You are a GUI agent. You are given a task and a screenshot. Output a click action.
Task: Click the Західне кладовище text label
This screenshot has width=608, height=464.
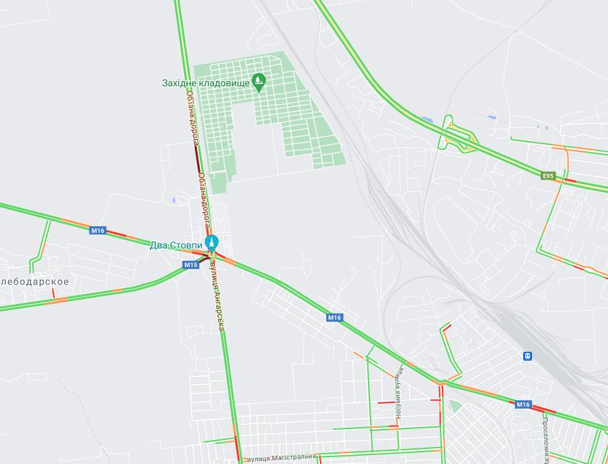205,83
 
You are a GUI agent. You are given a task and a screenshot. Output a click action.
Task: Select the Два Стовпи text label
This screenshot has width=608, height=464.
176,245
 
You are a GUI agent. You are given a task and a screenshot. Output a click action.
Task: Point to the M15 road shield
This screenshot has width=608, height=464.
191,265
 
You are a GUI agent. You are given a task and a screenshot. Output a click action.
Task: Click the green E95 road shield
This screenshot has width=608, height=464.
548,176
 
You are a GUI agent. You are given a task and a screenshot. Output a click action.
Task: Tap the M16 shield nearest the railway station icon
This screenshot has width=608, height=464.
523,404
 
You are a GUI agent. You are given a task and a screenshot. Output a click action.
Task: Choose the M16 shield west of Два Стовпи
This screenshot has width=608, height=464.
98,231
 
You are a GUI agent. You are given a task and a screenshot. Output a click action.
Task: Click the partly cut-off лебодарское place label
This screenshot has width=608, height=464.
35,281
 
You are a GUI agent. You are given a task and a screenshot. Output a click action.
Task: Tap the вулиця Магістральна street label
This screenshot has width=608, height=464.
281,456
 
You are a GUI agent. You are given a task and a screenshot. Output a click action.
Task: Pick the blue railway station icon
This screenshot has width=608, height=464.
527,356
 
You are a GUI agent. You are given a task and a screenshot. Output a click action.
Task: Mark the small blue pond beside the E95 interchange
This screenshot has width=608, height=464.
427,120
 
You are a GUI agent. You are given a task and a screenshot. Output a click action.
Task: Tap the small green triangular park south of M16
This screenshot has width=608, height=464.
454,406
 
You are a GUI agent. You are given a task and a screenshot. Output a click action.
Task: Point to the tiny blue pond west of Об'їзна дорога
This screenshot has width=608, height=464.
174,200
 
